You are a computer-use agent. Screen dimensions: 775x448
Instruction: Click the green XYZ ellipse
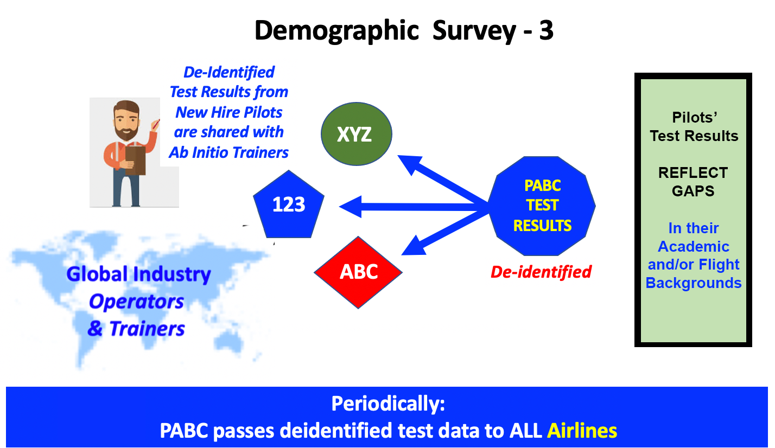357,134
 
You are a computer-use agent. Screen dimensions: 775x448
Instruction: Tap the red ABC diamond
358,272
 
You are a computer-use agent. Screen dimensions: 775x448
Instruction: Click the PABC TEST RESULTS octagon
542,206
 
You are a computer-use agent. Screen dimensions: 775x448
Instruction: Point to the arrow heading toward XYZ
443,179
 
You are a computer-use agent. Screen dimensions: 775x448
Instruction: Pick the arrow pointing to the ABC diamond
445,233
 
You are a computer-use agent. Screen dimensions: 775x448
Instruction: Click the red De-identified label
541,272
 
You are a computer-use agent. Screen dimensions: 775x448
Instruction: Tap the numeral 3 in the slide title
546,30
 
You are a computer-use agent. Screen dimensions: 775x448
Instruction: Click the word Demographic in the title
336,31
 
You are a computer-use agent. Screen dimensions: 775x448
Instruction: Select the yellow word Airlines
582,431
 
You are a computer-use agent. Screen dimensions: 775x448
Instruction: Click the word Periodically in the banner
388,404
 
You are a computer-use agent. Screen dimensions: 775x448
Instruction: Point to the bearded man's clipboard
135,161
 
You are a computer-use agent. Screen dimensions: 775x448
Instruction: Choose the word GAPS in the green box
693,191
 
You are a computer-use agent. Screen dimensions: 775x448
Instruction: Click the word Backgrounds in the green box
694,283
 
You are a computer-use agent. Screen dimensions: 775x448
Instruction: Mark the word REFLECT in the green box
693,173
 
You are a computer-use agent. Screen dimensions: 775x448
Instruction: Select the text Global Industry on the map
138,274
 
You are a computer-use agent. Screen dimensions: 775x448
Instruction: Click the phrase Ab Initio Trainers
228,152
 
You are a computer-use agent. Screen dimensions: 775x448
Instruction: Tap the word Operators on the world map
136,302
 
